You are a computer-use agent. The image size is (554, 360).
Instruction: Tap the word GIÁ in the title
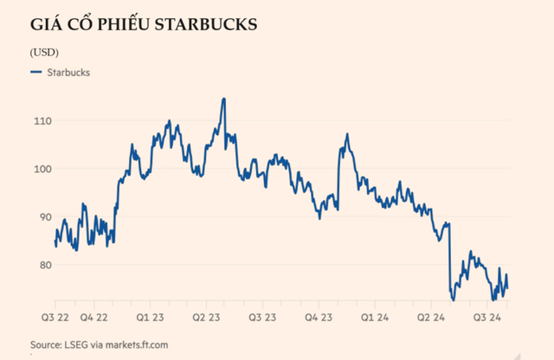pyautogui.click(x=48, y=26)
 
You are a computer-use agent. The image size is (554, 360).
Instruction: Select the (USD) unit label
pyautogui.click(x=44, y=53)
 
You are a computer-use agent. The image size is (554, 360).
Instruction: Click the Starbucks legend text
pyautogui.click(x=68, y=73)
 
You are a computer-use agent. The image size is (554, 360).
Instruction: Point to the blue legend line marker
pyautogui.click(x=36, y=73)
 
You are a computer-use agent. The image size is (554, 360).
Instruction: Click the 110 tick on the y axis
pyautogui.click(x=41, y=121)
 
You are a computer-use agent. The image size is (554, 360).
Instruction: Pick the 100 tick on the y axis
pyautogui.click(x=41, y=169)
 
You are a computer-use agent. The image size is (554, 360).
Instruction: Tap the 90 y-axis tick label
pyautogui.click(x=39, y=217)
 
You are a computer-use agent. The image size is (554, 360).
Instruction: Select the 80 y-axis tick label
pyautogui.click(x=39, y=265)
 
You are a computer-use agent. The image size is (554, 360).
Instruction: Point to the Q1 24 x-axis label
pyautogui.click(x=375, y=317)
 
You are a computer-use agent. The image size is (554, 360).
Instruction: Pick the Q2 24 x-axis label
pyautogui.click(x=430, y=317)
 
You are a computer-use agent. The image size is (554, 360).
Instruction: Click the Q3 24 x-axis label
pyautogui.click(x=486, y=317)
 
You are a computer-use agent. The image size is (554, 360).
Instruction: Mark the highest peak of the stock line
pyautogui.click(x=223, y=99)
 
